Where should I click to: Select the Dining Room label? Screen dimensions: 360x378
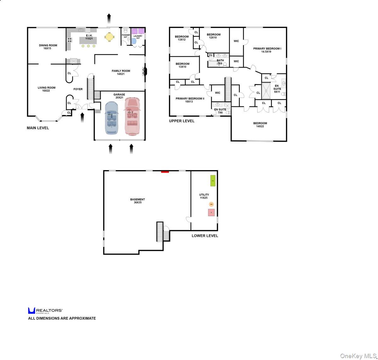(48, 47)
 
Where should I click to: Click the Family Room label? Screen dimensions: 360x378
(121, 72)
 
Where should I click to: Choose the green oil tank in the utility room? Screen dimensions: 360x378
(213, 180)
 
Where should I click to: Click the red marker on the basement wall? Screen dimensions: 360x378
(165, 172)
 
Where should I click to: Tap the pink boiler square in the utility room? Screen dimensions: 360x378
(211, 213)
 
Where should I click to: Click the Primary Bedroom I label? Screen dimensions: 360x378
(267, 50)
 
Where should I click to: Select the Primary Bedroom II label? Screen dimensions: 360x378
(190, 100)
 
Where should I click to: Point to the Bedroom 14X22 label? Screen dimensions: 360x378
(260, 125)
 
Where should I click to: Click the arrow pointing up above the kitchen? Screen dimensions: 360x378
(109, 19)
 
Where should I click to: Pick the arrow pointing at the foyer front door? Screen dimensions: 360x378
(83, 118)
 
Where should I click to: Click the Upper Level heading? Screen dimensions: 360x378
(182, 121)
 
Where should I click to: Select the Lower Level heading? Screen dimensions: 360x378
(205, 236)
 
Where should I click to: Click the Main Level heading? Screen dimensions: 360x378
(38, 128)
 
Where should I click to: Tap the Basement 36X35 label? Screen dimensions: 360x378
(138, 201)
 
